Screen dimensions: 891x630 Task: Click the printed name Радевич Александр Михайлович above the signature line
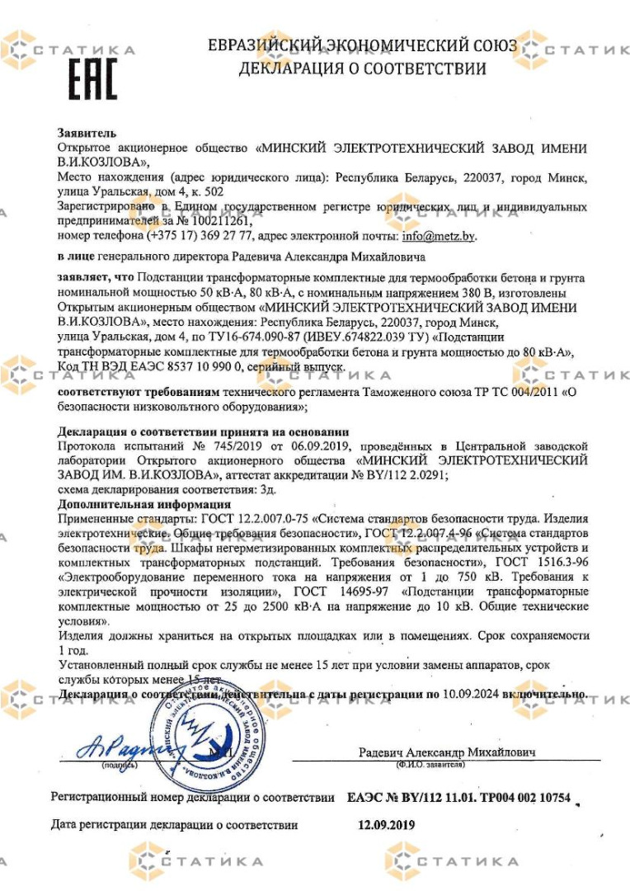tap(447, 752)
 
